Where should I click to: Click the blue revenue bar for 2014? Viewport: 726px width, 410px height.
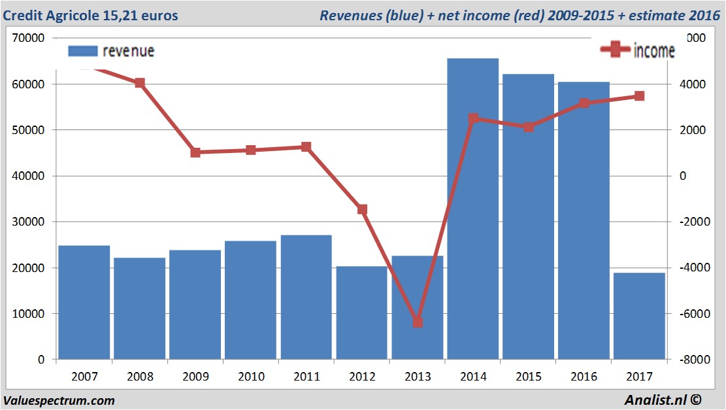tap(472, 209)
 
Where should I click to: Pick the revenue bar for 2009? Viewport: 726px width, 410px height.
tap(195, 305)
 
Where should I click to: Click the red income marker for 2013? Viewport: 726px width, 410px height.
tap(418, 322)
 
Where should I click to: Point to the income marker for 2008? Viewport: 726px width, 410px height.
tap(140, 83)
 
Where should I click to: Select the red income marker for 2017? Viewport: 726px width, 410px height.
tap(640, 96)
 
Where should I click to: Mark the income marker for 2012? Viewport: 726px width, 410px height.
tap(362, 209)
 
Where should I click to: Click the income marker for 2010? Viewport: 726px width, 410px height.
tap(251, 150)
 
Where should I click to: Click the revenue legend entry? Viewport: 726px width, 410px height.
tap(111, 51)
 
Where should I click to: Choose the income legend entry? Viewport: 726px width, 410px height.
tap(637, 50)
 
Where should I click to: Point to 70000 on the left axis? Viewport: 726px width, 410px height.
tap(28, 38)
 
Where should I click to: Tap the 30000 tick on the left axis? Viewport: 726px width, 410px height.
tap(28, 222)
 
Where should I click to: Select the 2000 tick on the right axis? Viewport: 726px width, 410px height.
tap(693, 130)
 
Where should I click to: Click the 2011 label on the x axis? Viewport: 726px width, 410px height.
tap(306, 377)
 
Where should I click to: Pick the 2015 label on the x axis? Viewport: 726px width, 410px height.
tap(529, 377)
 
